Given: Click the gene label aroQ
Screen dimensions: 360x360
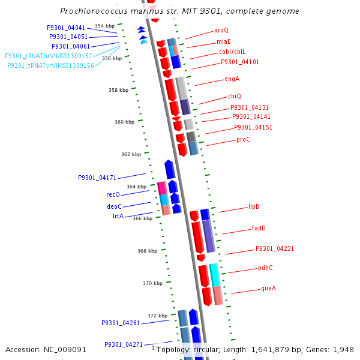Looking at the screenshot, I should point(221,30).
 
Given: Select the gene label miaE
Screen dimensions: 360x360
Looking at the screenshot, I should point(223,41).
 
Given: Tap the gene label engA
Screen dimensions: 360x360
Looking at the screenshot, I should point(232,79).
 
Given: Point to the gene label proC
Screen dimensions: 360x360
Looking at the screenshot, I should point(243,139).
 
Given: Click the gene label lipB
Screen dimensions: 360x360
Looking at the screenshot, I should point(254,206).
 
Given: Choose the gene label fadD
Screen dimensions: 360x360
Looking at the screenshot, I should point(259,228).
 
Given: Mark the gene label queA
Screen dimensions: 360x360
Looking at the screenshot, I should point(268,288).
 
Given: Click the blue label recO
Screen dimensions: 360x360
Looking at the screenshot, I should point(113,194).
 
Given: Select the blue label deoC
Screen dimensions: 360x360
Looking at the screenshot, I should point(114,206).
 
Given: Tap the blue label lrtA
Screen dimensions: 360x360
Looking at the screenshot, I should point(118,216).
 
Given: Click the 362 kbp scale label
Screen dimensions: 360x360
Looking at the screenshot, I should point(131,154).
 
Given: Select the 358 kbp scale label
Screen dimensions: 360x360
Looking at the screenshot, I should point(118,90).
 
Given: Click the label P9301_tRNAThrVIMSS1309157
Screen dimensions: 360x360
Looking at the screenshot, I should point(49,56).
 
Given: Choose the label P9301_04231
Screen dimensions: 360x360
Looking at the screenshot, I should point(275,248).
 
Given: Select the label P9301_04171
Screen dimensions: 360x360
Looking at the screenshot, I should point(97,178).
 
